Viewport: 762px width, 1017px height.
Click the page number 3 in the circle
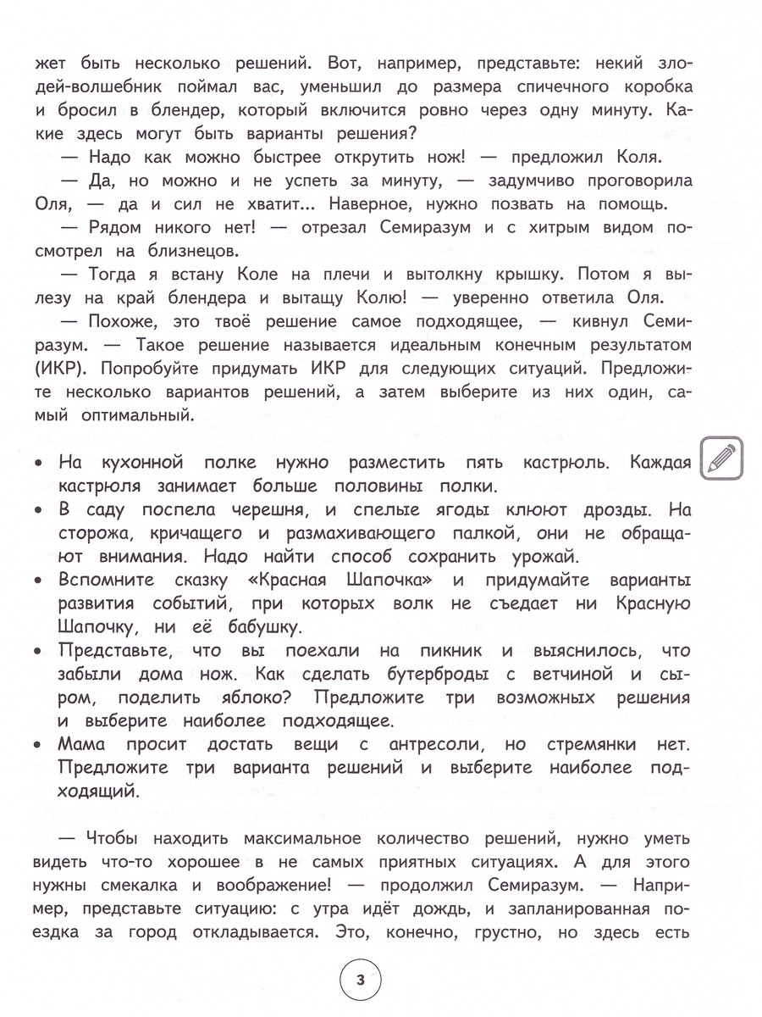[x=360, y=981]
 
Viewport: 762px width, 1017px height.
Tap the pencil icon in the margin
[x=721, y=462]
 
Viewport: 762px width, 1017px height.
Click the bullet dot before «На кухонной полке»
[x=40, y=464]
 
